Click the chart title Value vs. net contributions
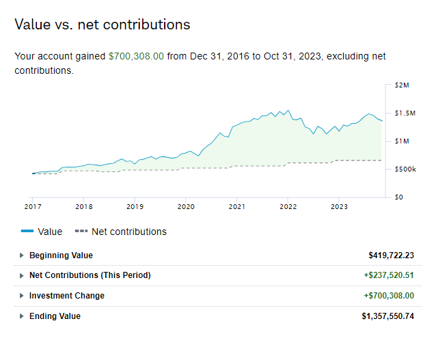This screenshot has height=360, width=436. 103,25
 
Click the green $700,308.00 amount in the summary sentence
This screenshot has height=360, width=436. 136,56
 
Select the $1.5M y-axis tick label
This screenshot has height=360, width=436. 405,113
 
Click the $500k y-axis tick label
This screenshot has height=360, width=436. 405,169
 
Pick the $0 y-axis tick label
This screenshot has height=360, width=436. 398,197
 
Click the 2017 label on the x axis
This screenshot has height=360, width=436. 33,206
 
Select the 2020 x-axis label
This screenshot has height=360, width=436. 186,206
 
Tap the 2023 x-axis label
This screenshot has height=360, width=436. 339,206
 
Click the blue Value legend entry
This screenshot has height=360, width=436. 42,232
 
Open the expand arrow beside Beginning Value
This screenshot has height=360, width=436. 21,255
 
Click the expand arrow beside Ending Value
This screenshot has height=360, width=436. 21,316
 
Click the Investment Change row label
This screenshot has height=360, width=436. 66,296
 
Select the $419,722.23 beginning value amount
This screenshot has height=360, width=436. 391,255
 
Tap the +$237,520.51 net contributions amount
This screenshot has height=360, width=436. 388,275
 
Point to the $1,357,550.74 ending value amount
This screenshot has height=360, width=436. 387,316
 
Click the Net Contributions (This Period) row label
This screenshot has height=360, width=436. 90,275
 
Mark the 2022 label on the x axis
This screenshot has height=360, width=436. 288,206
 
